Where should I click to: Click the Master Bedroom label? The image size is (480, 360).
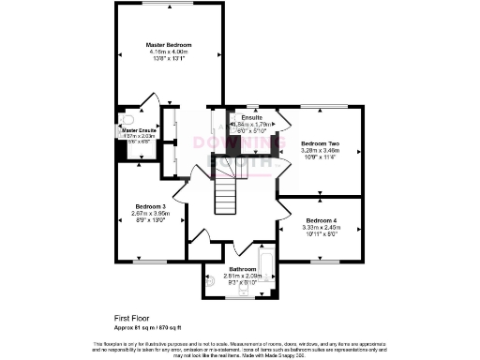point(170,44)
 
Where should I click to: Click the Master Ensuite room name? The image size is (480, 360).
point(130,129)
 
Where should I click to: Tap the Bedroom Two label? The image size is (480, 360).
point(320,144)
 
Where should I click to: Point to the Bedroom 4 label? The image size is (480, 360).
point(320,220)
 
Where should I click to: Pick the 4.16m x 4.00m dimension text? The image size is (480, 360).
point(170,52)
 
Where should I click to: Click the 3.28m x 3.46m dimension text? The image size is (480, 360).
point(320,151)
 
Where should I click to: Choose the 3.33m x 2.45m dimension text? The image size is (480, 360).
point(320,227)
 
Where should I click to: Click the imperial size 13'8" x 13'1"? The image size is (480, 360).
point(170,58)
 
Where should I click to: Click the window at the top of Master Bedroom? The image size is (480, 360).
point(169,6)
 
